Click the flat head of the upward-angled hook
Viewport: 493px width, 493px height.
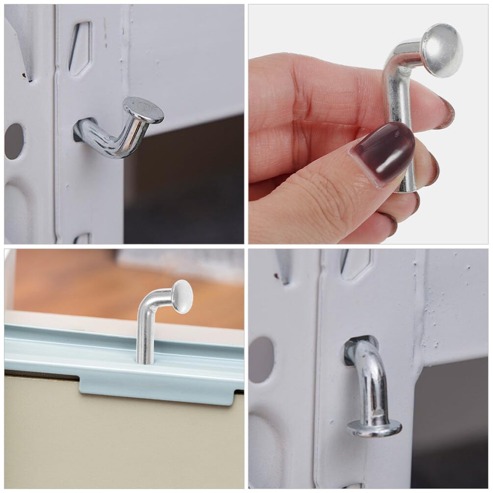point(143,109)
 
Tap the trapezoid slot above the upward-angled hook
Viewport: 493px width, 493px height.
point(79,48)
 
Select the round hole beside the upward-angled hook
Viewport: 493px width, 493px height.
point(14,141)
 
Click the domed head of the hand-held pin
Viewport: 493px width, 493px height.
point(441,50)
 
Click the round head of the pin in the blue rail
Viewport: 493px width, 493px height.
point(182,296)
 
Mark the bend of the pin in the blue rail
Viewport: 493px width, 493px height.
point(150,304)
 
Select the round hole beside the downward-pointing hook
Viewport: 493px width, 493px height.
point(261,359)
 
